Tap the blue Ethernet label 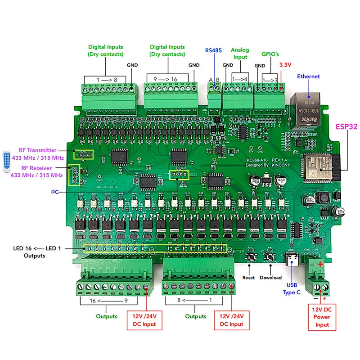pos(308,76)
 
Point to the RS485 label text pos(213,50)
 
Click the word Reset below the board pos(248,278)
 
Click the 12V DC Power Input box pos(322,317)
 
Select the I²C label pos(55,192)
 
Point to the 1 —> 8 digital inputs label pos(106,79)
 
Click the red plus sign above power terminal pos(319,265)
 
